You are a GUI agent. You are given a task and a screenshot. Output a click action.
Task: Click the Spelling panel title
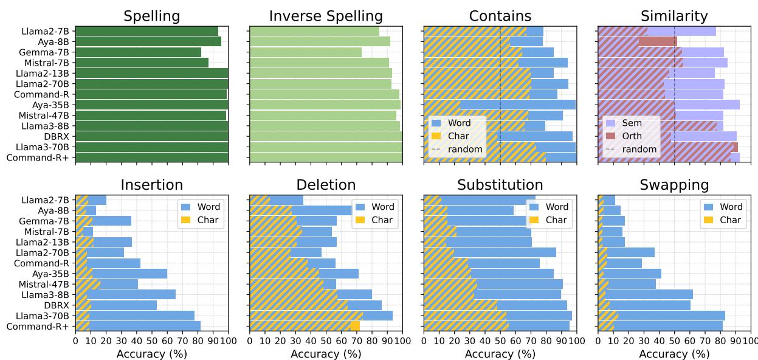(151, 16)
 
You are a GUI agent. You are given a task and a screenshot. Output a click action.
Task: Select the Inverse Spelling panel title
(326, 16)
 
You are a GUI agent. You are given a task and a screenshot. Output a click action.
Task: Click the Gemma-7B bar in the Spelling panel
(138, 52)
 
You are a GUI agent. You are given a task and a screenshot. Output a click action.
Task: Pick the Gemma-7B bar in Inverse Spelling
(306, 52)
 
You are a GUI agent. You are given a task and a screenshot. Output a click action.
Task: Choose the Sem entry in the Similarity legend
(625, 123)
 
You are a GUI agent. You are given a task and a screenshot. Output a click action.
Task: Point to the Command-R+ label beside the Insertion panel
(46, 327)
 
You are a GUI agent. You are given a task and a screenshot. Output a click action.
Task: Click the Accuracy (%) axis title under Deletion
(326, 354)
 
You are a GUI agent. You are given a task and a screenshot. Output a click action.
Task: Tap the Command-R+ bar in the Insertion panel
(138, 327)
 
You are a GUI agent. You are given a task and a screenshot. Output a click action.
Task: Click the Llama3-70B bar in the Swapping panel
(661, 316)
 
